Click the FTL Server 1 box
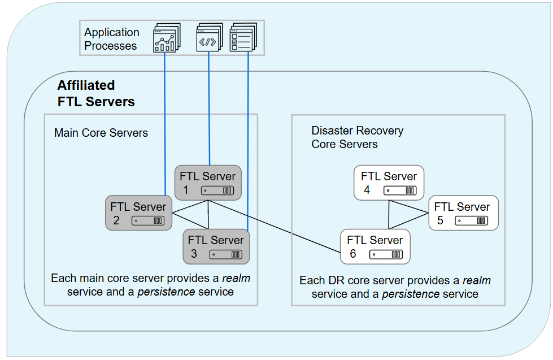(207, 183)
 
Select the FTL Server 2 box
(138, 213)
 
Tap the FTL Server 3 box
(216, 246)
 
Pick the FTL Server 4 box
(389, 183)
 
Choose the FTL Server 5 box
(463, 213)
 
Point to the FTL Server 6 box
(375, 246)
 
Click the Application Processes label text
(111, 39)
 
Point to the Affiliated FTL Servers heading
(96, 93)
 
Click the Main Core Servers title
(101, 133)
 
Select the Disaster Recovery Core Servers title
(357, 137)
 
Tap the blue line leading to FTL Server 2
(164, 124)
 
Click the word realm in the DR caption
(476, 280)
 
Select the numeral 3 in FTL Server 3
(194, 254)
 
